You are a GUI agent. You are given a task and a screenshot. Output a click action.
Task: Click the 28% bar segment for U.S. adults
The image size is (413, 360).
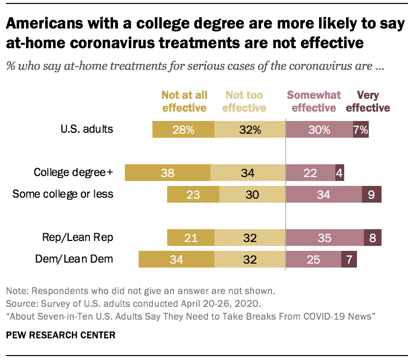click(183, 129)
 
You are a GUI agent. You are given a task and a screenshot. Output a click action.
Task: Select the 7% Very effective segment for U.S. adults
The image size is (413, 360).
click(360, 129)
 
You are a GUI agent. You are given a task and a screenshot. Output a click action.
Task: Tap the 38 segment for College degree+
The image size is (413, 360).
click(168, 173)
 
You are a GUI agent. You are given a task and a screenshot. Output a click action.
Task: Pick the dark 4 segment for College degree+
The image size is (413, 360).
click(339, 173)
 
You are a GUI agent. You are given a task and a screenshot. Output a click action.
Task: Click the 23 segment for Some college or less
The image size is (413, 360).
click(193, 194)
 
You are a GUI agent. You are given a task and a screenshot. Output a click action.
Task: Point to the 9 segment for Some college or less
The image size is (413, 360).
click(371, 194)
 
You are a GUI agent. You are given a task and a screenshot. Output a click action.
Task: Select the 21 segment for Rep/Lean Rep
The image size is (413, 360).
click(191, 238)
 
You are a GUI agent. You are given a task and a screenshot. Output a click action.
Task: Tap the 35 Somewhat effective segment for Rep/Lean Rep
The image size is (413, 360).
click(324, 238)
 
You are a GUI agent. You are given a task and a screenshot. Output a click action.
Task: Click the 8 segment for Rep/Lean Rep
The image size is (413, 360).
click(372, 238)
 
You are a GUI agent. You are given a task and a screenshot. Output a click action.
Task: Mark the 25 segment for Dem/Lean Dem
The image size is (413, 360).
click(313, 259)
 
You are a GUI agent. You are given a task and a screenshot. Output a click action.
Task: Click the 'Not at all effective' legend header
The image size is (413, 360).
click(184, 101)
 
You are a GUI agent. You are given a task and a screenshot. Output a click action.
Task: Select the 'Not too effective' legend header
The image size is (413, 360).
click(244, 101)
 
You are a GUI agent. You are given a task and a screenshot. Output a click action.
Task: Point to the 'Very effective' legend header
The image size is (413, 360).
click(368, 101)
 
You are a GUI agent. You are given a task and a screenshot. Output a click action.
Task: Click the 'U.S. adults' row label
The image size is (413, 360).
click(87, 129)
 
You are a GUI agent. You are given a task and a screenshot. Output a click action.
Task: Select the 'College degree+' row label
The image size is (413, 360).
click(73, 173)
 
